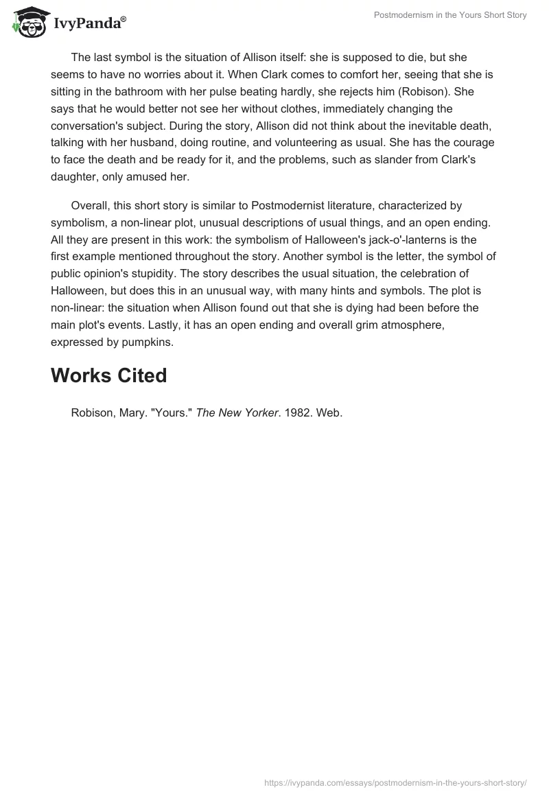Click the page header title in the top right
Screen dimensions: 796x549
[x=449, y=15]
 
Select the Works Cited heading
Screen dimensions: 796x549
[x=108, y=375]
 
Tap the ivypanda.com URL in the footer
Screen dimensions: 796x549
[x=396, y=782]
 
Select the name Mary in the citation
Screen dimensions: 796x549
[x=133, y=413]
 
